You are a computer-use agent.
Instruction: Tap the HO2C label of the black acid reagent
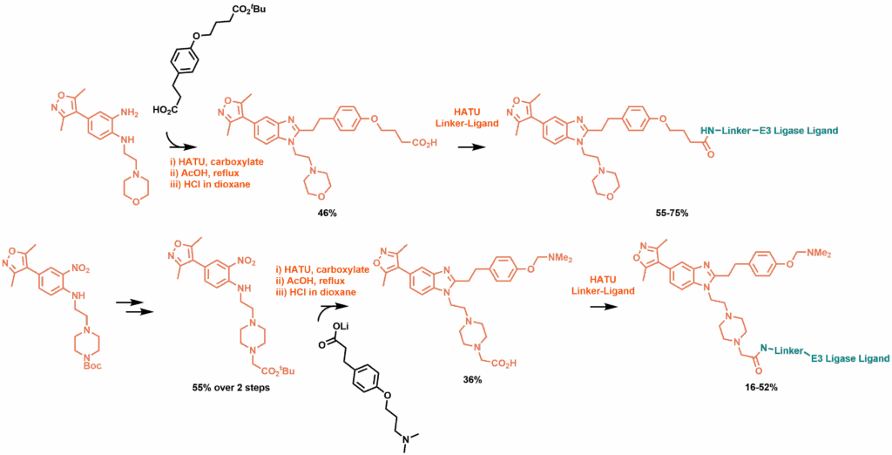(x=164, y=110)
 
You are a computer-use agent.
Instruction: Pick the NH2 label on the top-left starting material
(x=129, y=112)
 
